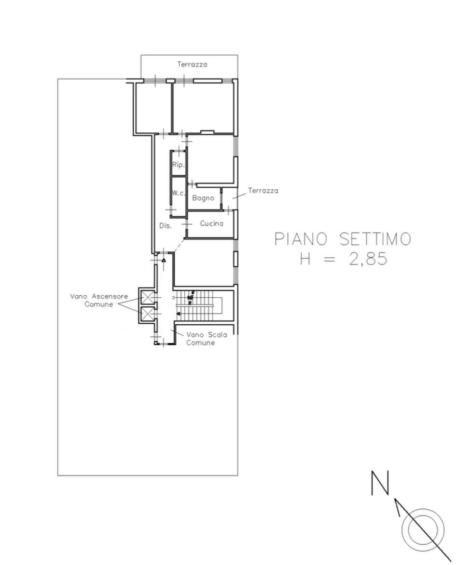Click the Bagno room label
click(203, 198)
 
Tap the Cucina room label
click(212, 223)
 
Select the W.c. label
click(178, 193)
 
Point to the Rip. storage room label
click(178, 165)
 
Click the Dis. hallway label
click(166, 226)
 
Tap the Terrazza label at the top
click(192, 65)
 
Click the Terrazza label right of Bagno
click(263, 191)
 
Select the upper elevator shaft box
click(147, 298)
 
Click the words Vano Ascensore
click(99, 297)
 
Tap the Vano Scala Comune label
click(206, 339)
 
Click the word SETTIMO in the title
click(375, 239)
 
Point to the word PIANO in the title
click(301, 239)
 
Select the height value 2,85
click(368, 259)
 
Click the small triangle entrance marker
click(164, 260)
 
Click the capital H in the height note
click(305, 259)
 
